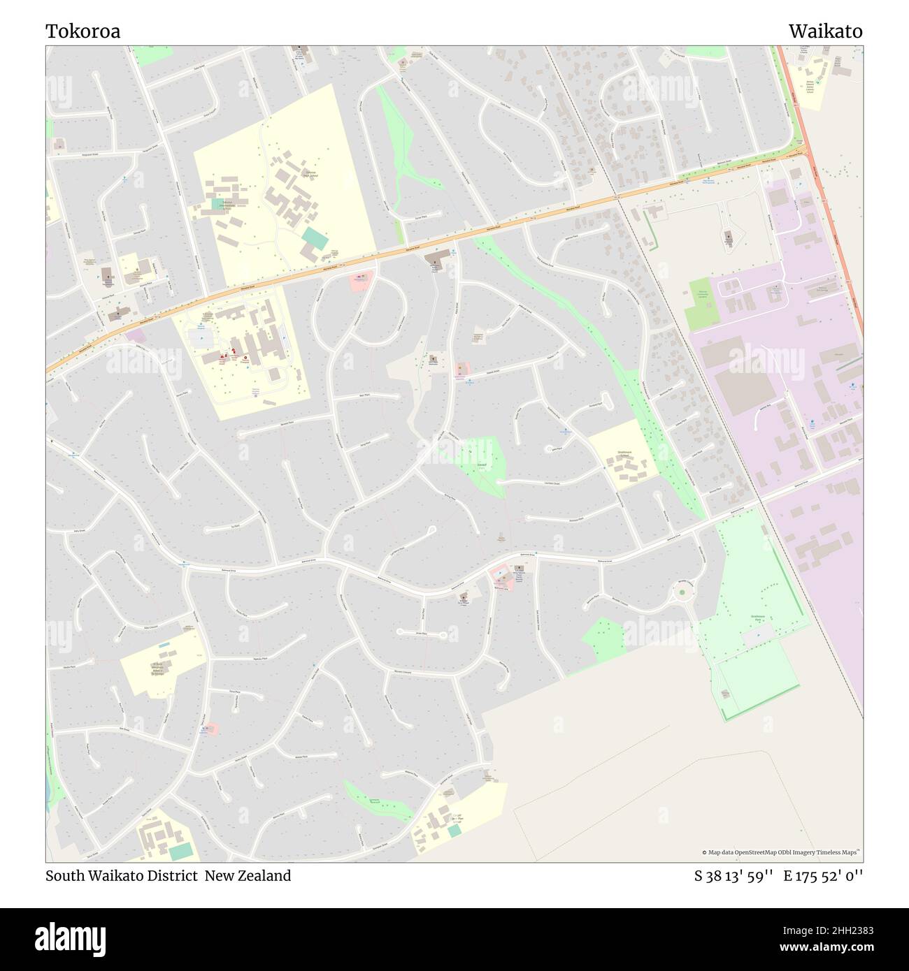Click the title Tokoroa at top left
click(x=83, y=31)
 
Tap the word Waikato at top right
click(x=825, y=31)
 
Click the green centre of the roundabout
click(x=682, y=593)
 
